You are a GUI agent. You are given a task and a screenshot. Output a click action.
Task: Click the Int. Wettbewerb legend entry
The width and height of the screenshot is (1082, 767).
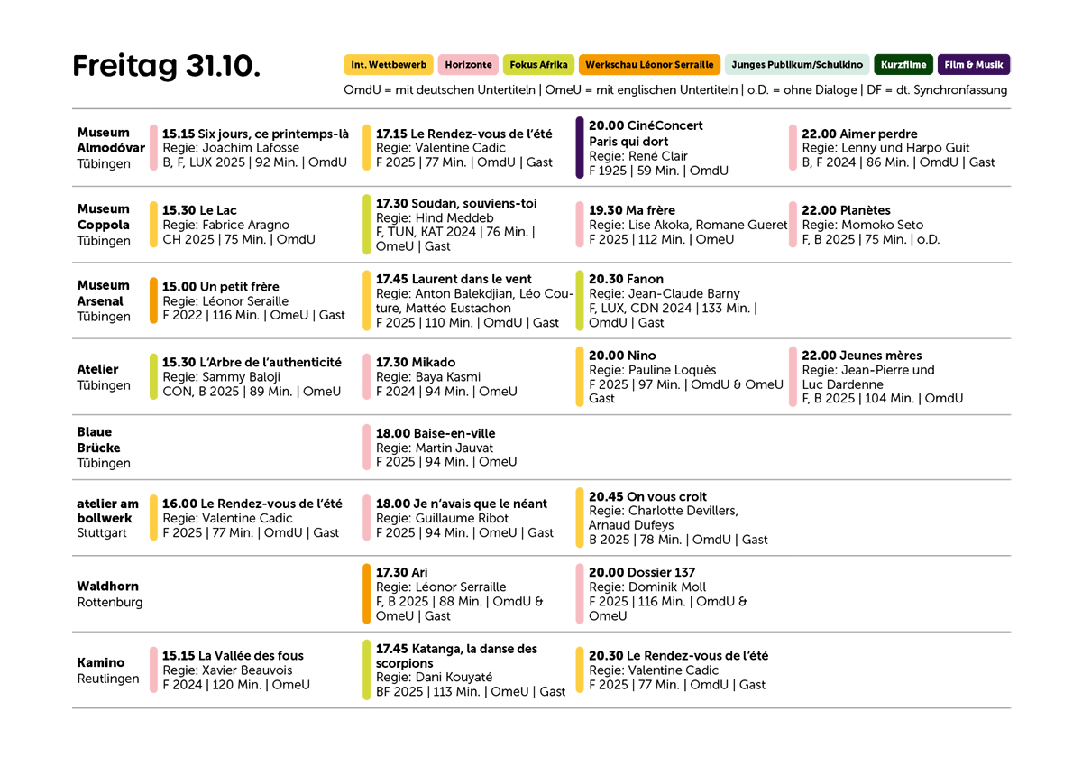(389, 65)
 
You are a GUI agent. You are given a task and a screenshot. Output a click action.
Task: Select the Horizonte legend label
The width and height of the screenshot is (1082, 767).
(468, 65)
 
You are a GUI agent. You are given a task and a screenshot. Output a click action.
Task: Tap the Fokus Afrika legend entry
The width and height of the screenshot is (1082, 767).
(538, 65)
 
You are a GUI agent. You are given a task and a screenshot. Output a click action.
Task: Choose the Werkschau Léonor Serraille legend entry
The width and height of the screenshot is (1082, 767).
(648, 65)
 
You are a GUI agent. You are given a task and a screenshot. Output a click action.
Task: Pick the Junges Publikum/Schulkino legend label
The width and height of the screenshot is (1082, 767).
(797, 65)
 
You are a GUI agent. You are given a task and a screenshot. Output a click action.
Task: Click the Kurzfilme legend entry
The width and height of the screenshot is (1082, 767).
(903, 65)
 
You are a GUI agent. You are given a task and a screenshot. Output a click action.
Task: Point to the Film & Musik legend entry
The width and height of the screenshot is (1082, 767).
(974, 65)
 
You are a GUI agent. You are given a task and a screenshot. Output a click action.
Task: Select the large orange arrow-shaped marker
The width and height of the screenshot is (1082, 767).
(353, 593)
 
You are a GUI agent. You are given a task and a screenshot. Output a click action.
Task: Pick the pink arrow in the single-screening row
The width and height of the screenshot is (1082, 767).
(354, 445)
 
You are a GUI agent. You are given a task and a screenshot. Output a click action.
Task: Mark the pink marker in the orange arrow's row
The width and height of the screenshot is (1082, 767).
(571, 592)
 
